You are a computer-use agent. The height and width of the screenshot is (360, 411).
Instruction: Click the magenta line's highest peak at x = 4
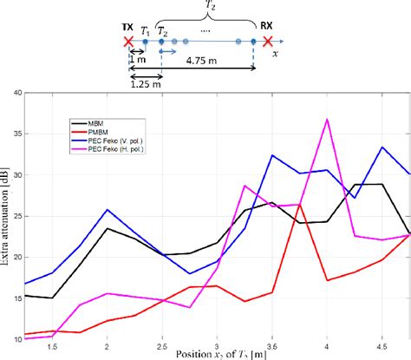click(327, 120)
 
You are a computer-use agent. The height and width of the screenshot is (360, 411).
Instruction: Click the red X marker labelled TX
click(129, 41)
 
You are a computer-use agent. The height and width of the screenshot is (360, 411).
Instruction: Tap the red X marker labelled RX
click(269, 41)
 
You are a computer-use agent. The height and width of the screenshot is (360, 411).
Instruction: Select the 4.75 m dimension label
click(201, 62)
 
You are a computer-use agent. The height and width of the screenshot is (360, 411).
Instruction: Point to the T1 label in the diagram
click(145, 31)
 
